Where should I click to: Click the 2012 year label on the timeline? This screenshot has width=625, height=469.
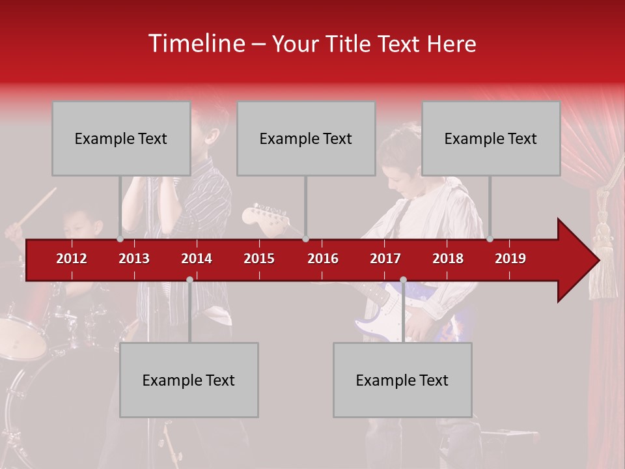coord(72,259)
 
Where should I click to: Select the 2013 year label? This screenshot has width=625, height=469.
coord(134,259)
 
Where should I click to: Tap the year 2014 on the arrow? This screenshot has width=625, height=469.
coord(197,259)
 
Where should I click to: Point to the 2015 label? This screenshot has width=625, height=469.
coord(259,259)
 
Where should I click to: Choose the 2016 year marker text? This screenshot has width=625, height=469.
coord(323,259)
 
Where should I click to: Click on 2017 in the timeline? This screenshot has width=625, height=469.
coord(385,259)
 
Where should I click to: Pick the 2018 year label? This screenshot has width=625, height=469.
coord(448,259)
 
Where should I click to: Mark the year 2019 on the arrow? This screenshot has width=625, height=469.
coord(510,259)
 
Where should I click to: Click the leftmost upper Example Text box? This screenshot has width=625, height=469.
coord(121,138)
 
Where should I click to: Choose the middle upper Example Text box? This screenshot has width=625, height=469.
coord(306,138)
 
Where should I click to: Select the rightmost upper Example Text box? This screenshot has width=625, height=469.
coord(491,138)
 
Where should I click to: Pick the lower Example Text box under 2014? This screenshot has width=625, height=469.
coord(189,380)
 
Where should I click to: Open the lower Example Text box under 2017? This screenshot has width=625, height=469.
coord(402,380)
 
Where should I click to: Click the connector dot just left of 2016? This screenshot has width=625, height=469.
coord(306,239)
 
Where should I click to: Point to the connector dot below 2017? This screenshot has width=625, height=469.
coord(403,280)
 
